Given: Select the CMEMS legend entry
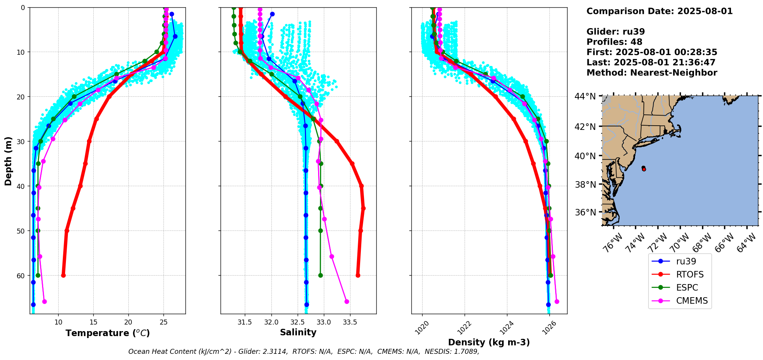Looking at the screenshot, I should coord(692,301).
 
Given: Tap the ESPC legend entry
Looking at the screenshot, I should coord(687,288).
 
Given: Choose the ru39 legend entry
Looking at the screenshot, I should coord(686,261).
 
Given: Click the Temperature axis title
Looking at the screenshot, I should coord(108,333).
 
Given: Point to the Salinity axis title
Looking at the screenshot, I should coord(298,332).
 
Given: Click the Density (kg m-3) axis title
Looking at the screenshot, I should coord(488,342).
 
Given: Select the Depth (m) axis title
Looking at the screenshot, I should coord(8,161).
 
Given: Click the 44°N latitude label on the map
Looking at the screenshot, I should coord(585,96).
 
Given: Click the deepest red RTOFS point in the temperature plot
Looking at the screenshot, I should coord(63,275).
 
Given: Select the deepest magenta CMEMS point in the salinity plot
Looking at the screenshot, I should coord(347,301).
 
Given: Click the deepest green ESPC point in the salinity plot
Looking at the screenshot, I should coord(320,275).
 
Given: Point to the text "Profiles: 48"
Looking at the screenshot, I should coord(614,42).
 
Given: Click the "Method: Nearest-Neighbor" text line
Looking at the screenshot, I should coord(652,73).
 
